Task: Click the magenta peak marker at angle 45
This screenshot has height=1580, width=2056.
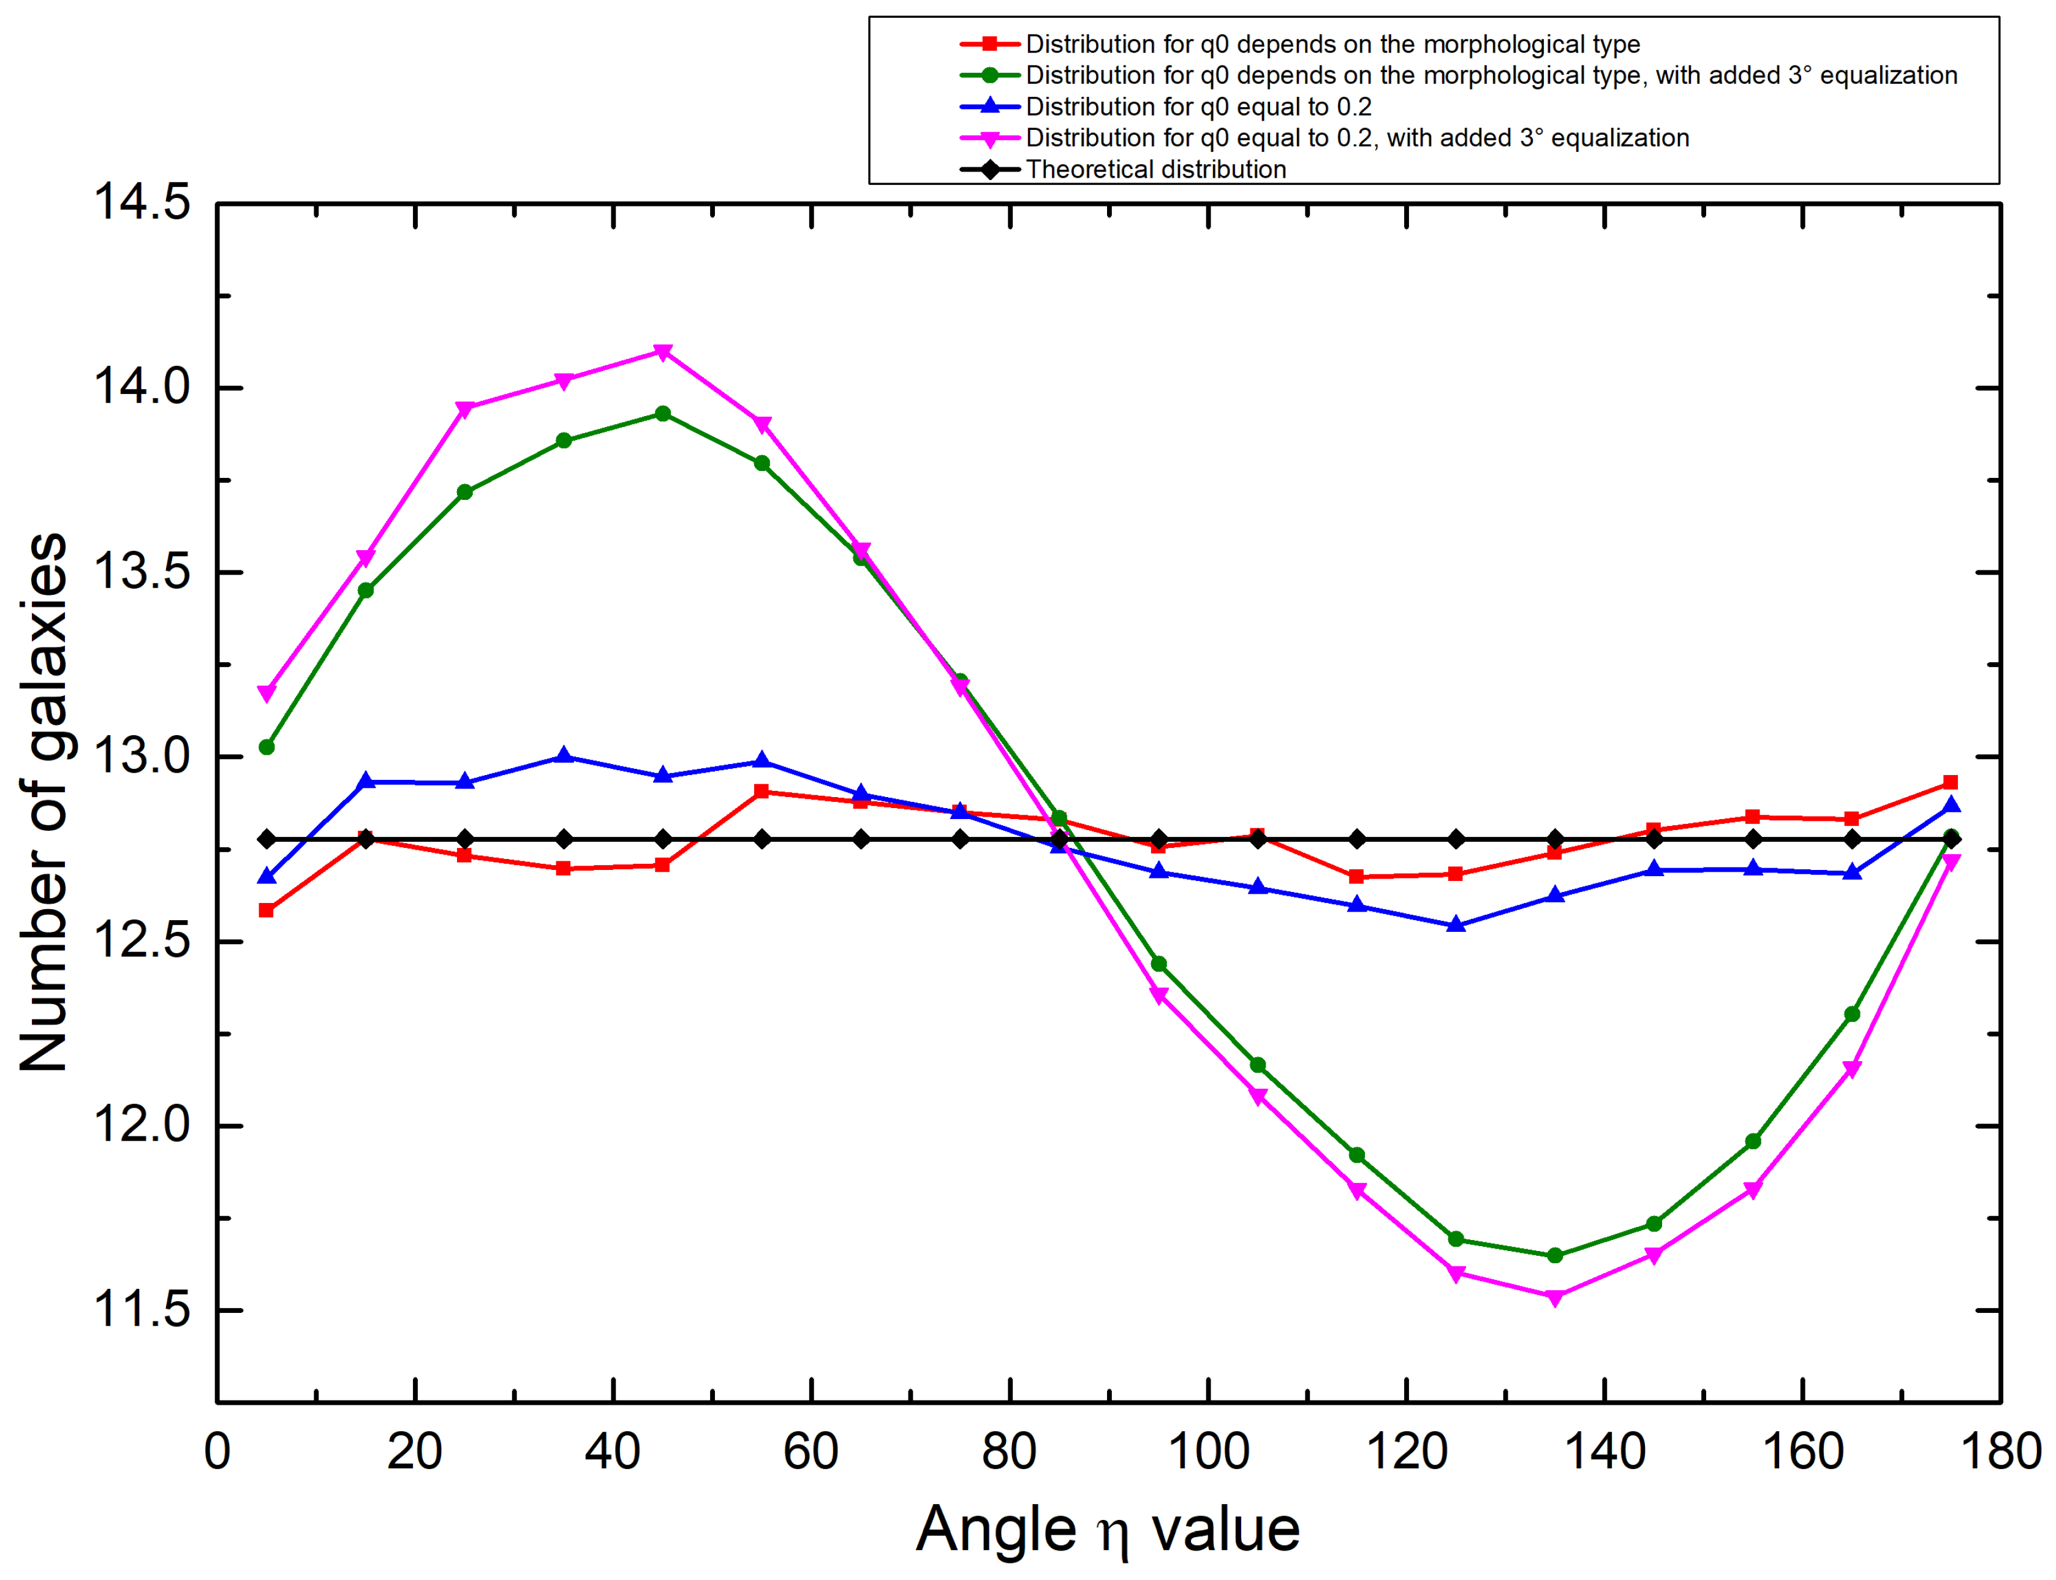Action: click(x=662, y=352)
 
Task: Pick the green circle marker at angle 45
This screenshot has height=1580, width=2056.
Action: click(x=662, y=414)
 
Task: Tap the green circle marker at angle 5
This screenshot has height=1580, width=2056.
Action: click(x=266, y=747)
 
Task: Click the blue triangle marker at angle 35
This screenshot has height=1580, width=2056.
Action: click(x=564, y=756)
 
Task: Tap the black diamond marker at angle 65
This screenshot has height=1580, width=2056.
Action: click(x=861, y=838)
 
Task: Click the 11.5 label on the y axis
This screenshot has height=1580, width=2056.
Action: click(x=141, y=1309)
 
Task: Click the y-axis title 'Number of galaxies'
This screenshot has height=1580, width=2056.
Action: click(x=44, y=801)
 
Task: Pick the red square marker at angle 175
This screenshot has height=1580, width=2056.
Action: click(x=1950, y=782)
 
